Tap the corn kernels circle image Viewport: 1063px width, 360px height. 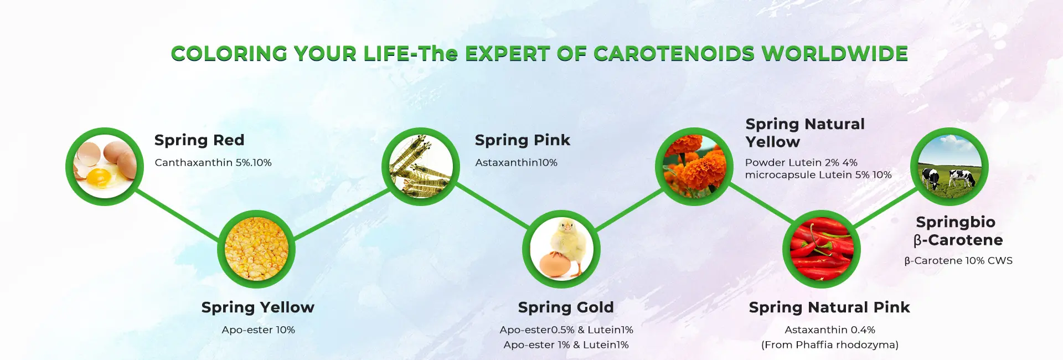[256, 249]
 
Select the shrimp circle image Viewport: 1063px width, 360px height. [421, 166]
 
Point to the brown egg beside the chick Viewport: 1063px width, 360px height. [556, 264]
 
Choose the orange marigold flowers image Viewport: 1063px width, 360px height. [694, 166]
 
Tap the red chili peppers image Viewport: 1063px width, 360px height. [822, 249]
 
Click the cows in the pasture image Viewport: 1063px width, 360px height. [950, 166]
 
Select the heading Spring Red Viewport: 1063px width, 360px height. [199, 140]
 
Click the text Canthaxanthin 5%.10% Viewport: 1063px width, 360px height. [213, 162]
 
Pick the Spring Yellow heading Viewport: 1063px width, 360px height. [258, 307]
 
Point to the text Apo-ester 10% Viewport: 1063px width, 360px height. [259, 330]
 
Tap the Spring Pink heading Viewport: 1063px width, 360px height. [523, 140]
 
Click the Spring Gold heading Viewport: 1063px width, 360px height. [566, 307]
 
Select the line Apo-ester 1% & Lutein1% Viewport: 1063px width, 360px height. [566, 344]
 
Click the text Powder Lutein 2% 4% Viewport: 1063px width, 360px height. [801, 162]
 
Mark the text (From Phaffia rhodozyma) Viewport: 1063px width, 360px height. [830, 344]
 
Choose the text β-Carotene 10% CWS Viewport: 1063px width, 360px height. [958, 260]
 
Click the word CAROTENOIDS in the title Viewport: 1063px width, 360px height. [674, 54]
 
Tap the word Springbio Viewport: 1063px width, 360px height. [956, 222]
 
